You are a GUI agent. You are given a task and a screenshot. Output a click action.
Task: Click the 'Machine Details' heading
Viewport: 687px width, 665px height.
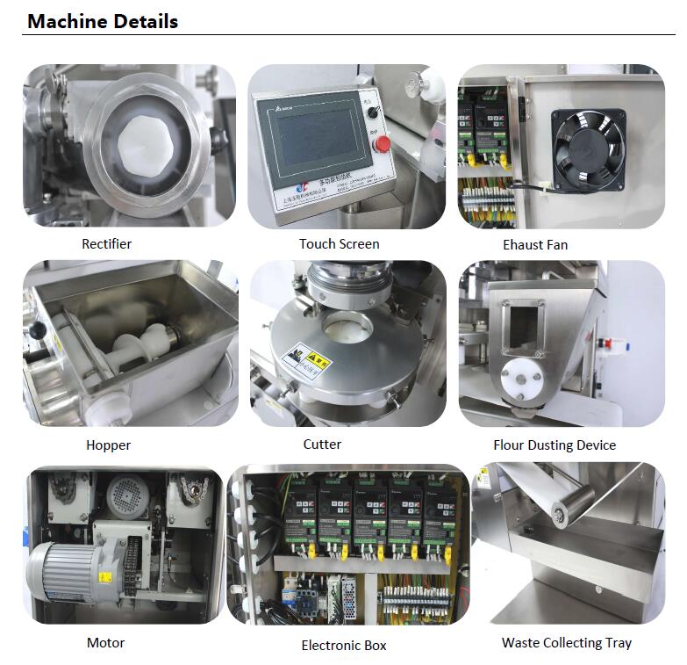[103, 21]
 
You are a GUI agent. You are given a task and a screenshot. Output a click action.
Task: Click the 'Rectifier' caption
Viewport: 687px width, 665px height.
[107, 243]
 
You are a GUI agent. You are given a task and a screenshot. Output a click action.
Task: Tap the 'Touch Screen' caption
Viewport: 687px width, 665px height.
[340, 243]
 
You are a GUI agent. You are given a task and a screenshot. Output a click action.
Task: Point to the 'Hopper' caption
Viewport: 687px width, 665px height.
[108, 445]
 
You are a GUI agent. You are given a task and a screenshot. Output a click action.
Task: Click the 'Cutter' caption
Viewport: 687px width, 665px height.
[322, 445]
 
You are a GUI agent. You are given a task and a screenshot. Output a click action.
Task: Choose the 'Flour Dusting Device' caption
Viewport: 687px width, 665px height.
[555, 445]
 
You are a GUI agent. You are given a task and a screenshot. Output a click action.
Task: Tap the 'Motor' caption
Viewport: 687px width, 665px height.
[105, 643]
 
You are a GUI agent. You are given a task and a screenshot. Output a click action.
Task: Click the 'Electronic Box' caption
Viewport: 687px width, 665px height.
[344, 646]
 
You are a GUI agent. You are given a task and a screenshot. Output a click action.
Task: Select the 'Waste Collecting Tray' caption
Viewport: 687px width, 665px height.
[567, 643]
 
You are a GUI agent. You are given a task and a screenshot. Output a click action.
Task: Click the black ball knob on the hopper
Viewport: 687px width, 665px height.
[38, 328]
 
